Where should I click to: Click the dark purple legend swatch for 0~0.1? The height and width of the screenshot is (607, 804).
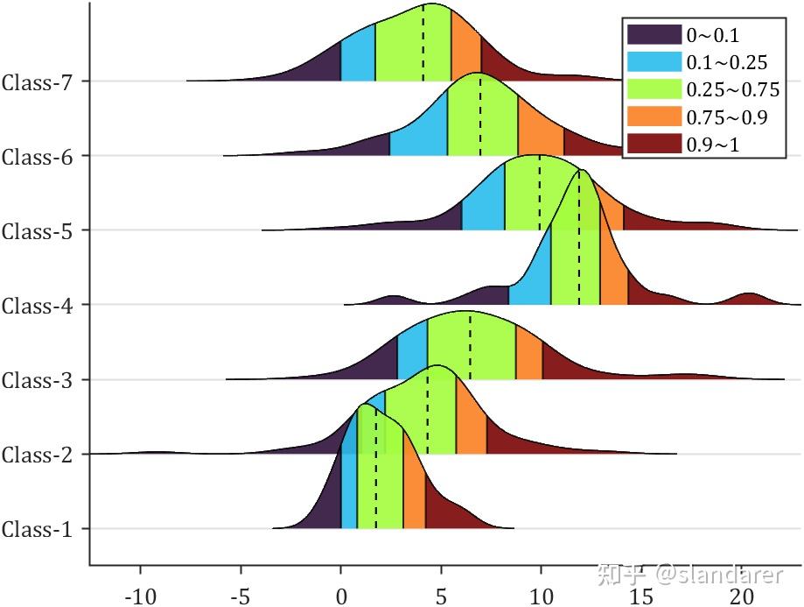pos(654,35)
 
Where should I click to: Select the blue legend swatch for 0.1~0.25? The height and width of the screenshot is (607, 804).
pos(654,62)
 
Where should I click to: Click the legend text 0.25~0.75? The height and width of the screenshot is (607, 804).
pos(732,89)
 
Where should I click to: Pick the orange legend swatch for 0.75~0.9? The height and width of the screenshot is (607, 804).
pos(654,116)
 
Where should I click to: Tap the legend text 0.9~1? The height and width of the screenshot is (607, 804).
pos(712,144)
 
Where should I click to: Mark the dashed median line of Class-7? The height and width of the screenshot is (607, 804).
pos(423,44)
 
